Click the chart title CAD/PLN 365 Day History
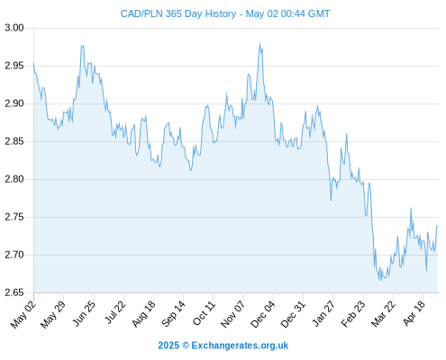point(178,13)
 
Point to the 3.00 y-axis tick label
point(14,28)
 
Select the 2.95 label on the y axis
point(14,66)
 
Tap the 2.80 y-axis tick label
point(14,179)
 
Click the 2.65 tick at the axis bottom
point(14,292)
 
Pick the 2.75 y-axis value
point(14,217)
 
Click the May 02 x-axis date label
point(23,314)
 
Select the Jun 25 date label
point(85,313)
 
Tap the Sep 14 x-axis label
point(174,313)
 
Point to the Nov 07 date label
point(233,314)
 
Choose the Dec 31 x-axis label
point(293,314)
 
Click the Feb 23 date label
point(353,314)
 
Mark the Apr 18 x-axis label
point(414,313)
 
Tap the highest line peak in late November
point(259,44)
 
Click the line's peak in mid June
point(82,46)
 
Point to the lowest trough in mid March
point(380,280)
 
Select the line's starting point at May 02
point(33,63)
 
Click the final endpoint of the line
point(438,225)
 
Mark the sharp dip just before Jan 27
point(331,200)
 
